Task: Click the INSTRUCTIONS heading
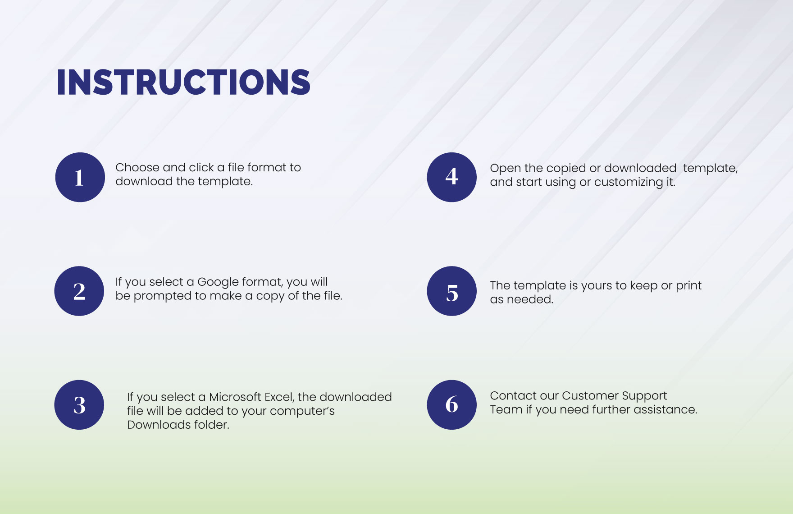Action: pos(183,83)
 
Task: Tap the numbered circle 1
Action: pos(80,177)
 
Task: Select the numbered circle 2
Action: pos(79,291)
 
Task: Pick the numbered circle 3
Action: pos(79,405)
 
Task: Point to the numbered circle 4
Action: pos(451,177)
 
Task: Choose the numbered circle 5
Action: pos(451,291)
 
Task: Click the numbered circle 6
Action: pos(451,405)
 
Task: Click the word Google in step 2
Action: pos(218,283)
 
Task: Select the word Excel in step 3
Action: pos(279,397)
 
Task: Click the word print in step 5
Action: pos(688,286)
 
